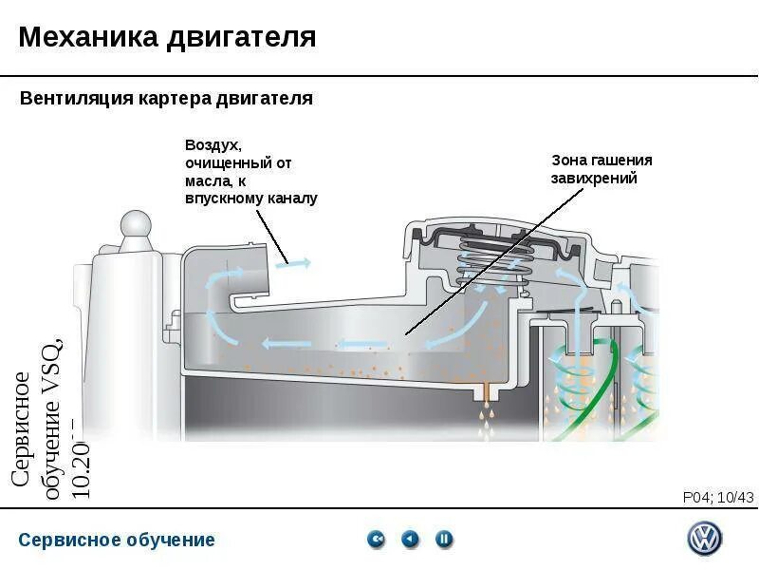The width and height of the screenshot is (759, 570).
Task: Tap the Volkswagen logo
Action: click(704, 539)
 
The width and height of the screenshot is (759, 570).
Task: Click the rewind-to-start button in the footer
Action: click(377, 540)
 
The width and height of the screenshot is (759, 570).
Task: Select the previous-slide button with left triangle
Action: click(410, 540)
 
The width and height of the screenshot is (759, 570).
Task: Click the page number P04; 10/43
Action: click(717, 497)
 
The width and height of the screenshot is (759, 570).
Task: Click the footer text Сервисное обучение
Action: click(117, 541)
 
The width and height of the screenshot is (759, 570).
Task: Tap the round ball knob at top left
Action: click(135, 226)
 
